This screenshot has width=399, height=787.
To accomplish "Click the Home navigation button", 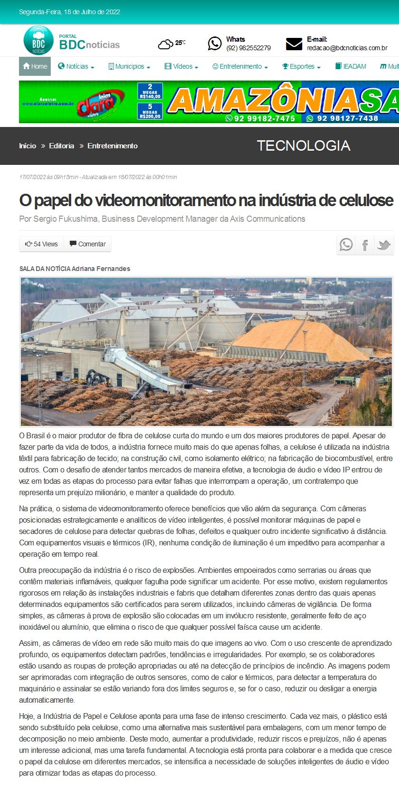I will click(x=35, y=66).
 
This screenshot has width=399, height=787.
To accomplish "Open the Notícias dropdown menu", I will click(x=76, y=66).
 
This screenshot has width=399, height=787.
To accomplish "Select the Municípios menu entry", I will click(x=130, y=66).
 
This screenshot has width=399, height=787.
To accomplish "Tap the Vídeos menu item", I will click(x=182, y=66).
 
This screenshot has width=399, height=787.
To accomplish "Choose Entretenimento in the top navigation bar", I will click(x=240, y=66).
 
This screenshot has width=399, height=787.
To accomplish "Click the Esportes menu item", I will click(x=302, y=66).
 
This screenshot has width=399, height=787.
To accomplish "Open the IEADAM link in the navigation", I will click(x=351, y=66).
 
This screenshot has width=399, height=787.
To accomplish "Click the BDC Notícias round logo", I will click(x=38, y=41).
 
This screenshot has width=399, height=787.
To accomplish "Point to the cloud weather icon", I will click(x=165, y=45).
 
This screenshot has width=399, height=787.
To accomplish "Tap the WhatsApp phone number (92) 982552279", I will click(x=249, y=48).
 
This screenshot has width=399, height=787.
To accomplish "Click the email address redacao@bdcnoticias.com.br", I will click(x=347, y=48).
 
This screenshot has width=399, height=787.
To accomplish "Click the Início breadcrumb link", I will click(x=28, y=146).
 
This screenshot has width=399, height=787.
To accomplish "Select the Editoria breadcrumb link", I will click(x=62, y=146).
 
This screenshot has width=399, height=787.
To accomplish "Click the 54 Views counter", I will click(x=42, y=244).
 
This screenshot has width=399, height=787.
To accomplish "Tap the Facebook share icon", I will click(x=365, y=245).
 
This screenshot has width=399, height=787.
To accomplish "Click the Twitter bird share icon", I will click(x=384, y=245).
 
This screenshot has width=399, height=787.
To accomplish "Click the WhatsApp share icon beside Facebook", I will click(x=346, y=245).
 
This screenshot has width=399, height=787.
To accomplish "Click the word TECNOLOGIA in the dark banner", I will click(x=304, y=145).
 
